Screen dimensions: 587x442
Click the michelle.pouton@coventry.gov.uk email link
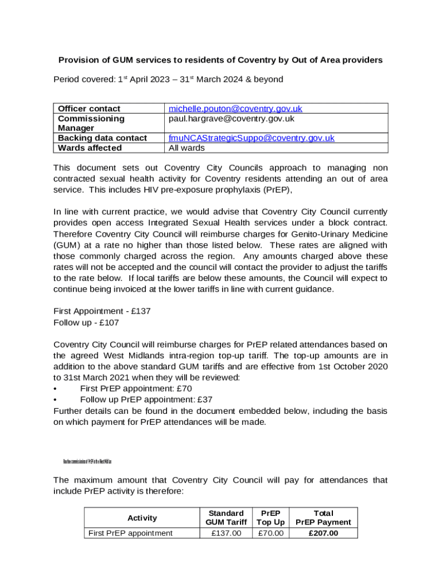point(235,108)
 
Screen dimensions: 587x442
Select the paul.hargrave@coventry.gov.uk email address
point(231,119)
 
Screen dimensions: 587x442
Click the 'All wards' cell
point(186,147)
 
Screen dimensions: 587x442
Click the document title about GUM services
point(220,60)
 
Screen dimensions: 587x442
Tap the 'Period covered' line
point(168,79)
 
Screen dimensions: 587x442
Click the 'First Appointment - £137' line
point(102,311)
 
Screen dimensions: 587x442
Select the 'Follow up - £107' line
point(86,322)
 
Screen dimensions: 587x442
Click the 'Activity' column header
point(142,518)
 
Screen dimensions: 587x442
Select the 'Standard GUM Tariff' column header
point(226,518)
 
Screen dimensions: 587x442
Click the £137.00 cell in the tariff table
point(226,533)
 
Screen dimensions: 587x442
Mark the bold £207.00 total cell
point(323,533)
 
